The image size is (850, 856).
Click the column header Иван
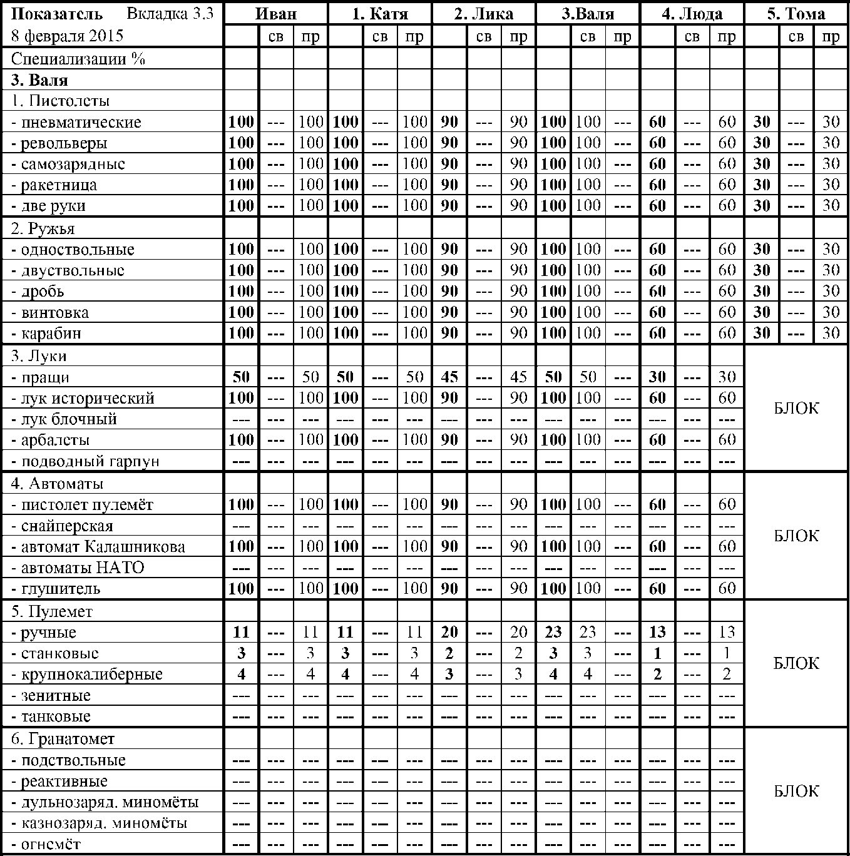coord(276,14)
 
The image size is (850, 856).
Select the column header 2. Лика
coord(483,14)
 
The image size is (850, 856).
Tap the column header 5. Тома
coord(796,14)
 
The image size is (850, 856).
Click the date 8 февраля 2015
coord(68,36)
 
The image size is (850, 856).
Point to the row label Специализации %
coord(78,59)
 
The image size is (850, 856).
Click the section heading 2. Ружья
coord(43,228)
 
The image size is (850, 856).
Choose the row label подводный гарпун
coord(90,462)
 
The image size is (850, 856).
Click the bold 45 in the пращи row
coord(449,377)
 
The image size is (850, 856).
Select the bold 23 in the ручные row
coord(553,632)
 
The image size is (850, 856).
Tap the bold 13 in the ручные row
coord(657,632)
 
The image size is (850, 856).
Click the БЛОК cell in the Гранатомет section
coord(796,791)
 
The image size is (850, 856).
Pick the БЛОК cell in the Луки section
coord(796,408)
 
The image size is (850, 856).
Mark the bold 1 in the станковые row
coord(657,653)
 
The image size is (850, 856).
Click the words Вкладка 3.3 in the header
coord(170,14)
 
